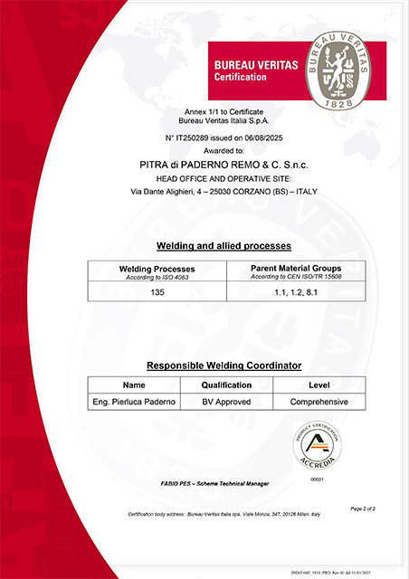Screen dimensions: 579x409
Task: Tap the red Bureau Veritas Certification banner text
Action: pyautogui.click(x=247, y=71)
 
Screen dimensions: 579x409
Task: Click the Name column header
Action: pyautogui.click(x=133, y=384)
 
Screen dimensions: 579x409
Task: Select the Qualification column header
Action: pyautogui.click(x=226, y=384)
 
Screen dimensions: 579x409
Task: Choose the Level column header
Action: pyautogui.click(x=319, y=384)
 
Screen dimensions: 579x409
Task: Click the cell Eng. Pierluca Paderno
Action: pyautogui.click(x=133, y=401)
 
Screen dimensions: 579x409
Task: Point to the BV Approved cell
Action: pyautogui.click(x=226, y=401)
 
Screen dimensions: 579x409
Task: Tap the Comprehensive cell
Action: pyautogui.click(x=319, y=401)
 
